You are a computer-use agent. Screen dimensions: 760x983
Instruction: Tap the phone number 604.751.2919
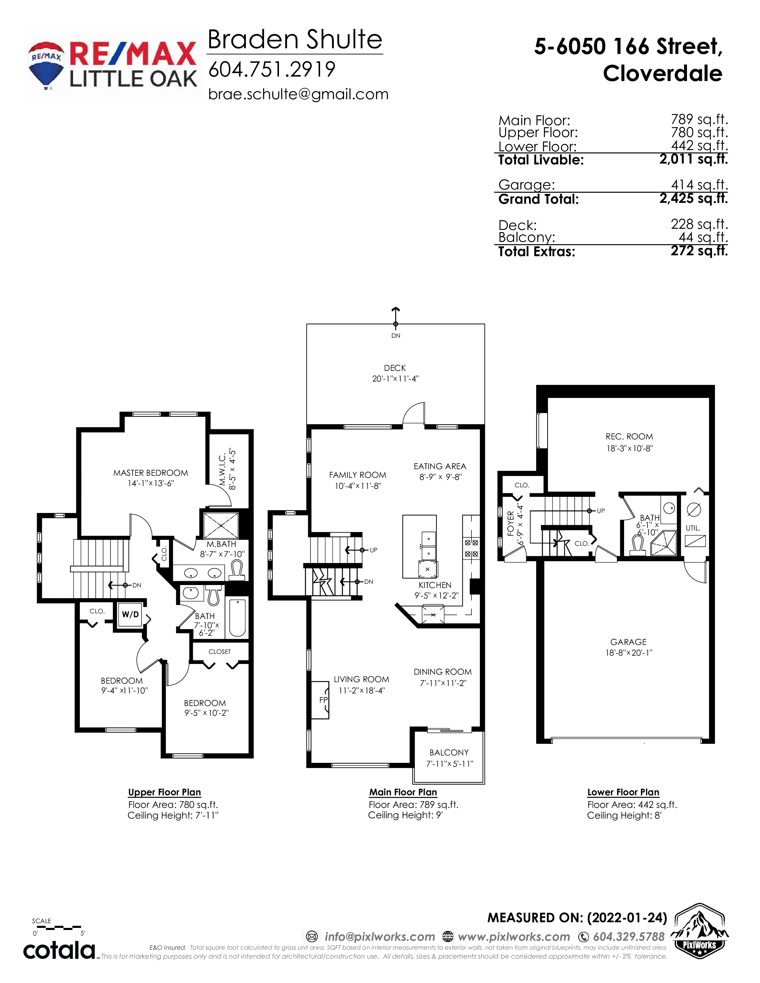pyautogui.click(x=272, y=69)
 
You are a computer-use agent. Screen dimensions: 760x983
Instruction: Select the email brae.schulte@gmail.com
pyautogui.click(x=298, y=94)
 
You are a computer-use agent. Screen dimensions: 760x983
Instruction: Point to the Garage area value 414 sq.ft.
pyautogui.click(x=699, y=185)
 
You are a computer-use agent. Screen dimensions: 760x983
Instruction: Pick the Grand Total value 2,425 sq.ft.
pyautogui.click(x=693, y=198)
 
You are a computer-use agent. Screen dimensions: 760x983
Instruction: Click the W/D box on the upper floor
pyautogui.click(x=131, y=614)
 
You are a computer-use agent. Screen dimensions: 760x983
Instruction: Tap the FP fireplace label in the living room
pyautogui.click(x=323, y=700)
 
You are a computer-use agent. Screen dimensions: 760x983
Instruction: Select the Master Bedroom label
pyautogui.click(x=151, y=473)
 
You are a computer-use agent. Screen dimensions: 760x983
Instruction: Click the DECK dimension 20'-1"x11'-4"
pyautogui.click(x=395, y=379)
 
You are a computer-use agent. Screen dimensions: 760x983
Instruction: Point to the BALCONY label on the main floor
pyautogui.click(x=449, y=752)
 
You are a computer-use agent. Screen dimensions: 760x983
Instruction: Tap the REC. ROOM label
pyautogui.click(x=629, y=437)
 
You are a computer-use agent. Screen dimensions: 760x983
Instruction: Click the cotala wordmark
pyautogui.click(x=59, y=950)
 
